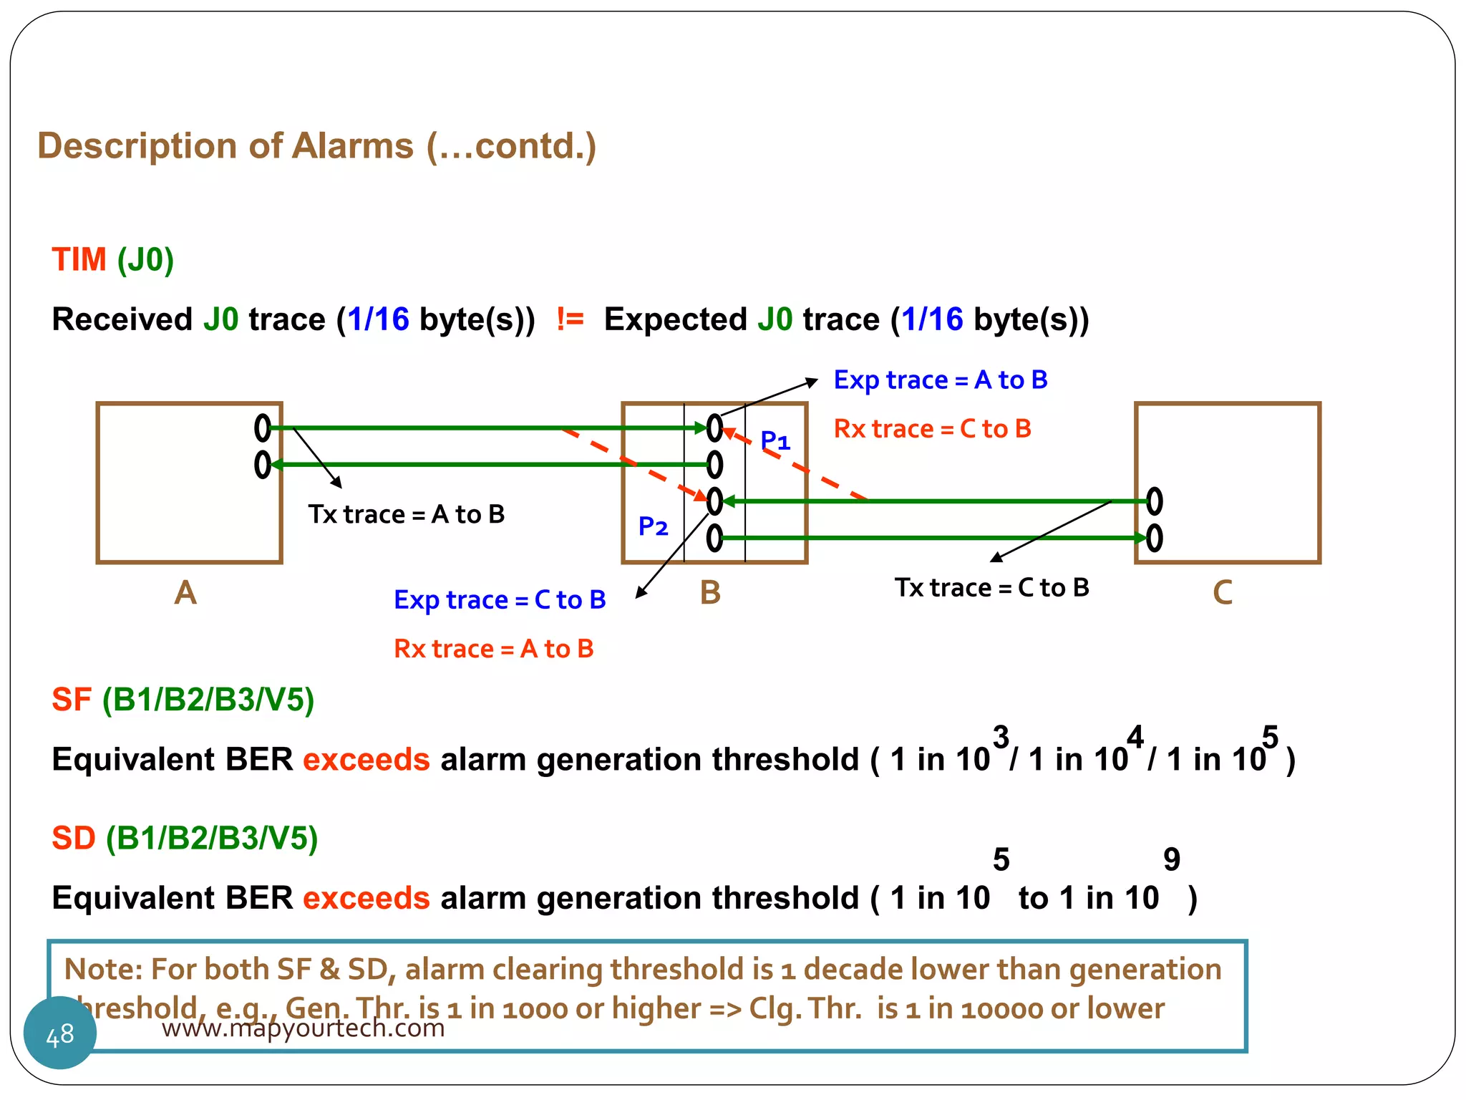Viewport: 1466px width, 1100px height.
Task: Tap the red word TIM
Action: click(79, 259)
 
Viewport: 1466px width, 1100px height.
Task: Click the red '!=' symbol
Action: click(570, 319)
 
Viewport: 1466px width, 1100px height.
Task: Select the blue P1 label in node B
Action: click(775, 440)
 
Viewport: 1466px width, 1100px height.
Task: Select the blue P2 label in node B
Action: click(653, 527)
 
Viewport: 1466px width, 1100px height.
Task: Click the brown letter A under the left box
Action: click(185, 593)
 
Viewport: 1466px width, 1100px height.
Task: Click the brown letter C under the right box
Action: click(1223, 593)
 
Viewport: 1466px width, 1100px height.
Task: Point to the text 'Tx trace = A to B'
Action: click(407, 514)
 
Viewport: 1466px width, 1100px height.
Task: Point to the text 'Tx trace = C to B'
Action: click(991, 588)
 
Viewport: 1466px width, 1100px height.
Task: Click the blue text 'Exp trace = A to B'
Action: click(940, 380)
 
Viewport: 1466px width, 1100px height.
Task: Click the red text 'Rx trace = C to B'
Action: click(932, 429)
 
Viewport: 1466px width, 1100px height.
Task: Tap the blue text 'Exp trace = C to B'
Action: click(500, 599)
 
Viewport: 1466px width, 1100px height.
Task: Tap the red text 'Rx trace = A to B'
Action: click(493, 649)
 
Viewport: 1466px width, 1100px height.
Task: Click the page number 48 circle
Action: click(60, 1033)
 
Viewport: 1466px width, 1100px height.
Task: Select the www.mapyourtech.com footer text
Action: click(303, 1028)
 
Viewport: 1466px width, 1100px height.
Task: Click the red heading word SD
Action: click(74, 838)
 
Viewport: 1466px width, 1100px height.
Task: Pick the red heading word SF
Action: click(72, 700)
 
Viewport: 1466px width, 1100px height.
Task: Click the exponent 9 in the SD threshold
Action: click(1171, 859)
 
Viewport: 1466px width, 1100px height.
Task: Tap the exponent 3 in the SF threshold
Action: click(1001, 737)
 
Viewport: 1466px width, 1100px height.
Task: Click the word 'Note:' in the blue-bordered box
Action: click(103, 969)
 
